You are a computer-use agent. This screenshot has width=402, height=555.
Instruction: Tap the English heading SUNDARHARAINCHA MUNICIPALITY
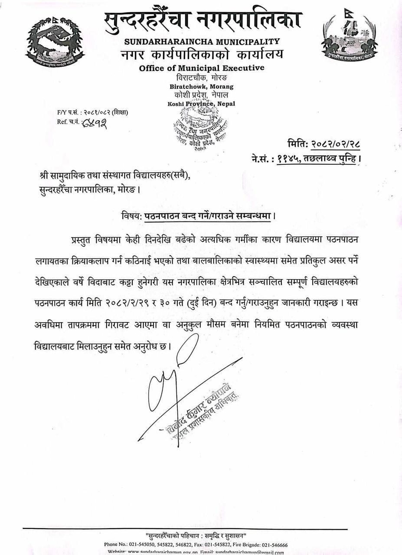coord(202,42)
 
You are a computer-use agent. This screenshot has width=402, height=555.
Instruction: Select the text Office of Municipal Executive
coord(202,68)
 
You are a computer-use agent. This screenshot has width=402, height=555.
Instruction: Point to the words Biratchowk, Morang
coord(201,87)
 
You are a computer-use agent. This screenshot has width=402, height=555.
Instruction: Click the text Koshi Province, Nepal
coord(201,104)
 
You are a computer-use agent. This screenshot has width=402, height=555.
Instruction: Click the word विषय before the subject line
coord(131,215)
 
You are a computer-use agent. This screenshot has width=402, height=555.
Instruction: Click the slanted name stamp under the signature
coord(202,410)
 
